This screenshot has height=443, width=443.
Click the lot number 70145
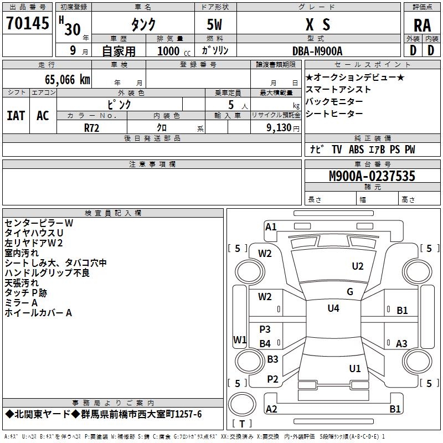coord(27,24)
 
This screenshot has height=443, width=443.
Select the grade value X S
coord(318,25)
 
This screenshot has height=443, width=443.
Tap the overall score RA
coord(422,25)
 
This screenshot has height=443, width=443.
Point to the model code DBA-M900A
coord(317,51)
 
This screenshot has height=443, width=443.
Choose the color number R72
coord(91,127)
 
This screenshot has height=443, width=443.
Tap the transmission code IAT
coord(16,115)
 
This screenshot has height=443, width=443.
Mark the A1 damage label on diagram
coord(271,226)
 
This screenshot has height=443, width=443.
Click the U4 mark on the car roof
coord(333,308)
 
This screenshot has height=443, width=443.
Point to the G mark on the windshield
coord(350,292)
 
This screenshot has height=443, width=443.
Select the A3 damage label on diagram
coord(402,344)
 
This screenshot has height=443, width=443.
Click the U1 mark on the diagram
coord(355,368)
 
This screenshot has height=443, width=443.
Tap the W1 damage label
coord(240,339)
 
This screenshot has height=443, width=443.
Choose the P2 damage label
coord(272,379)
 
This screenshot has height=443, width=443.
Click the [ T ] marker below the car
coord(242,424)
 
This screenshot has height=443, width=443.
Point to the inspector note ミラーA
coord(21,303)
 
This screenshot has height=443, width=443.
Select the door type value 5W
coord(215,25)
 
